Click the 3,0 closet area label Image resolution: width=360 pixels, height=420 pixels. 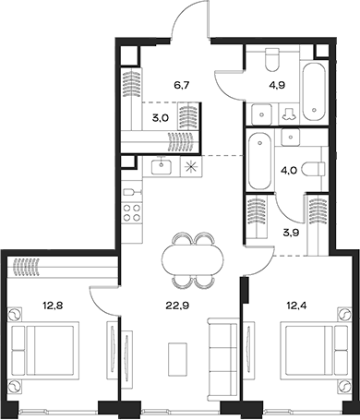pos(160,117)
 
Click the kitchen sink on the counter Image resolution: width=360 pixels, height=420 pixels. pos(162,168)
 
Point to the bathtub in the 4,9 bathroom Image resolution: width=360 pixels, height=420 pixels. pos(317,90)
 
